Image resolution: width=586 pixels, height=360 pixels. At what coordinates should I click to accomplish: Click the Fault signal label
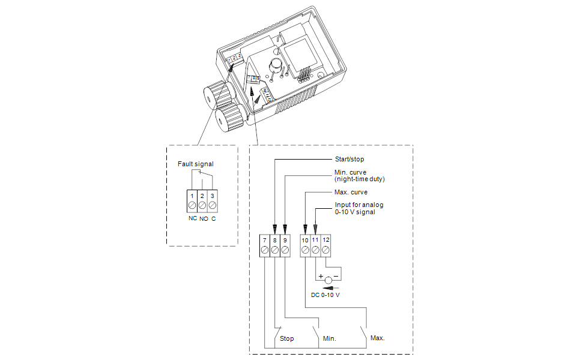pos(195,164)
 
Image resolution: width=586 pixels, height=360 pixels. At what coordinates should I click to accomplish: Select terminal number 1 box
pos(192,196)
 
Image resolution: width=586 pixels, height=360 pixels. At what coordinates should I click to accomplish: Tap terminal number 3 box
pos(213,196)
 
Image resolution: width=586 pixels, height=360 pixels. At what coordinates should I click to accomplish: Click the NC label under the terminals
pos(192,218)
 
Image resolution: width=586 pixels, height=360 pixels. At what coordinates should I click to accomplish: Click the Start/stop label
pos(349,159)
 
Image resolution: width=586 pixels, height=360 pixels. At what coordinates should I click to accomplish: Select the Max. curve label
pos(351,193)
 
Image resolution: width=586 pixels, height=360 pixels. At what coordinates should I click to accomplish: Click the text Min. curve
pos(351,173)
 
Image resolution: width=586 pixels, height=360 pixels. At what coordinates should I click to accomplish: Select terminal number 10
pos(305,241)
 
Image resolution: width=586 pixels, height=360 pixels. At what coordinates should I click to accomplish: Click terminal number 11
pos(315,241)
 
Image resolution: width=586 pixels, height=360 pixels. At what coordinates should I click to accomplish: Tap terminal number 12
pos(325,241)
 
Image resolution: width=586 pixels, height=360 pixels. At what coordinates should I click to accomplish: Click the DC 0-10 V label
pos(325,295)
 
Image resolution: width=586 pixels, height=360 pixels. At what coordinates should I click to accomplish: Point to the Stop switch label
pos(287,339)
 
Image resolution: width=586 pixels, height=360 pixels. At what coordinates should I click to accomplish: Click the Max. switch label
pos(377,338)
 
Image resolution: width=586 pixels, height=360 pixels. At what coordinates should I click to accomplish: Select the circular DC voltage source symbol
pos(328,280)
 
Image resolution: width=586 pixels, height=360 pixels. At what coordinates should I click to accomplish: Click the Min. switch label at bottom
pos(329,339)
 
